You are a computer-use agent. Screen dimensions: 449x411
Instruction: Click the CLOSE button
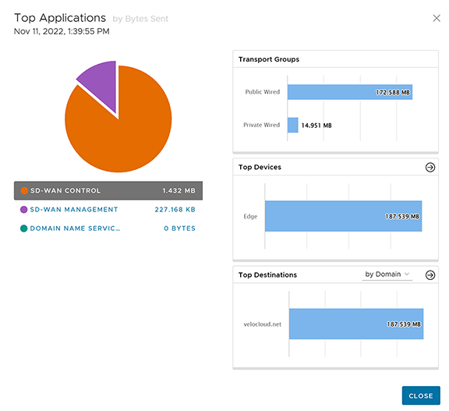coord(421,395)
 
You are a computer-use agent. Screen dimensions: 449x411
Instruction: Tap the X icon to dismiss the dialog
coord(437,19)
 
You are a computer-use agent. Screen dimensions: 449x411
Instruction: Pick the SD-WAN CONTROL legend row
coord(108,190)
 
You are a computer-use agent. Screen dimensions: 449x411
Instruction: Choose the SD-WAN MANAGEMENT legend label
coord(74,209)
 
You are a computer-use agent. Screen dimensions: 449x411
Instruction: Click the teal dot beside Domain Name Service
coord(23,229)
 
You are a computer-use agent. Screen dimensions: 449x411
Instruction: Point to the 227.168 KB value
coord(175,209)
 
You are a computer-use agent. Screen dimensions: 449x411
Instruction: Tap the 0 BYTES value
coord(179,229)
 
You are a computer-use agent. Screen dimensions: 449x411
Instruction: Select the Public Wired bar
coord(350,92)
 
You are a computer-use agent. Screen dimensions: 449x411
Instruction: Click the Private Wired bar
coord(292,125)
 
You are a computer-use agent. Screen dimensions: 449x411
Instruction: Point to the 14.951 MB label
coord(316,126)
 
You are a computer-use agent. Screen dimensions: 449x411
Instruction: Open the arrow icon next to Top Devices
coord(430,167)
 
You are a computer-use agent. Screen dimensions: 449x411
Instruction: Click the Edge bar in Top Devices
coord(343,216)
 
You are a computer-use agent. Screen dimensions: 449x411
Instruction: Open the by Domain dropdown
coord(387,275)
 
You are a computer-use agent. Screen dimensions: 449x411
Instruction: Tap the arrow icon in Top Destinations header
coord(430,275)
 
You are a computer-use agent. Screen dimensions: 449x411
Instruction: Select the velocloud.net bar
coord(356,324)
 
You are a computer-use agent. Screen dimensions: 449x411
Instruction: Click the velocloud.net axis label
coord(262,324)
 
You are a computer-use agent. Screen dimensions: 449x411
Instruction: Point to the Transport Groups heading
coord(269,59)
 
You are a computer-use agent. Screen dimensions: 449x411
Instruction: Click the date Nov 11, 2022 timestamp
coord(62,31)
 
